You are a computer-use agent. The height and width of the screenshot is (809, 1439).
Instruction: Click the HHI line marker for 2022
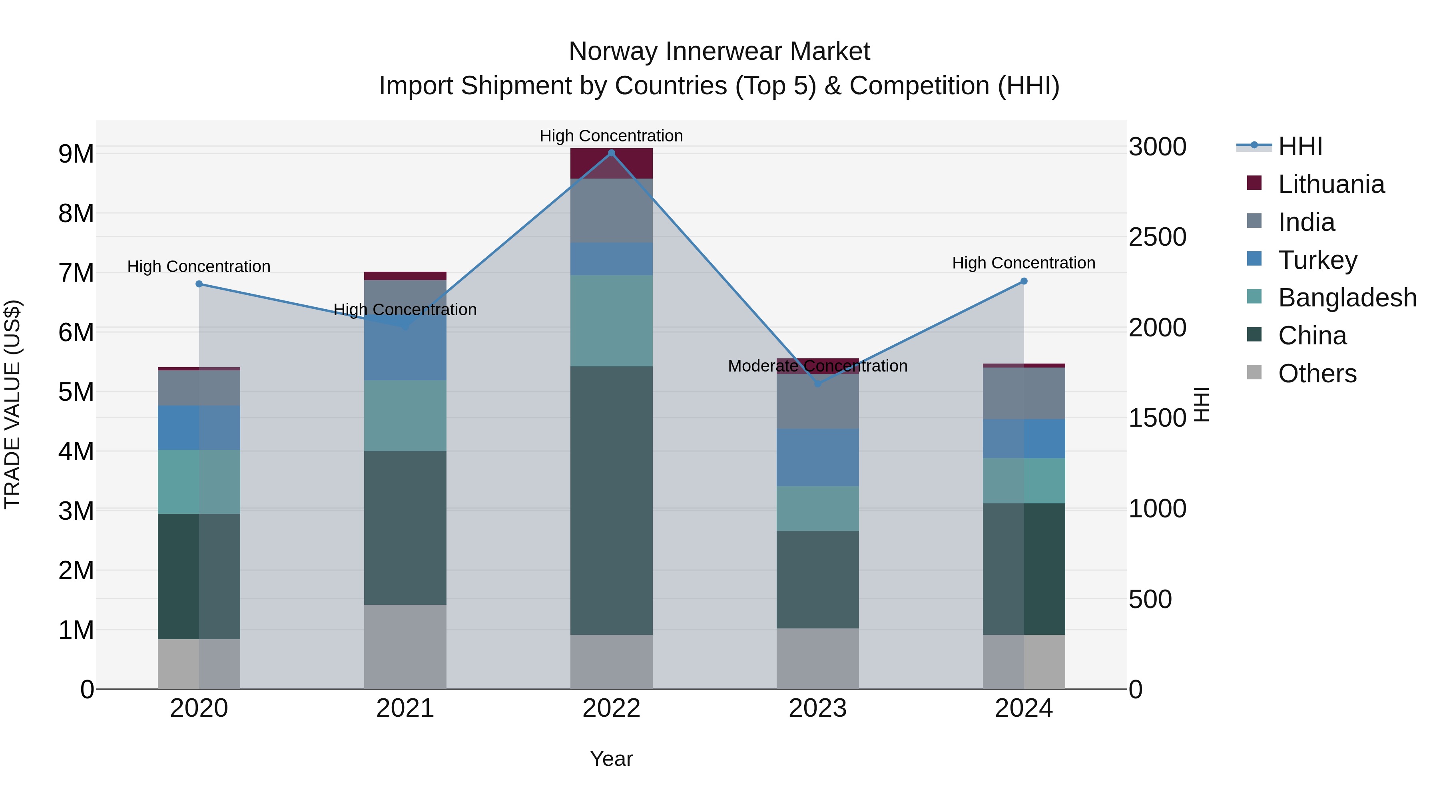point(611,153)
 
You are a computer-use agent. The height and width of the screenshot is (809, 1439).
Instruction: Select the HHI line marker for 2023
point(818,384)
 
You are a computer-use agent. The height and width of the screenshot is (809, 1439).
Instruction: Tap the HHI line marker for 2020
point(199,284)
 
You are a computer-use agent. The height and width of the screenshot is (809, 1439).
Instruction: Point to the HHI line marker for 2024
point(1024,281)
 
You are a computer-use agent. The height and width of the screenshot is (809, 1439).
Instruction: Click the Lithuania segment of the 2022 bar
point(611,163)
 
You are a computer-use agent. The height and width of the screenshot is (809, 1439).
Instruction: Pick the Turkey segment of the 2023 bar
point(818,457)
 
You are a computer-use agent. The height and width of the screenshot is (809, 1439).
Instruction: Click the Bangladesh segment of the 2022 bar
point(611,320)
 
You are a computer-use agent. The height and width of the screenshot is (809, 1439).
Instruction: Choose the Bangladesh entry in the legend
point(1347,298)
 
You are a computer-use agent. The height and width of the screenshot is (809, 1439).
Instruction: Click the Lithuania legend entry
point(1331,184)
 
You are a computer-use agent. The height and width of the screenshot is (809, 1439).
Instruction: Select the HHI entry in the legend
point(1300,146)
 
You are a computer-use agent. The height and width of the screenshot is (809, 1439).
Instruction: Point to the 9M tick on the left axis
point(76,153)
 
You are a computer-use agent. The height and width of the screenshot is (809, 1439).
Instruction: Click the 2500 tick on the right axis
point(1158,237)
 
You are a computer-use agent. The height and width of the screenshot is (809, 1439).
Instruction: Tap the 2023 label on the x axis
point(818,708)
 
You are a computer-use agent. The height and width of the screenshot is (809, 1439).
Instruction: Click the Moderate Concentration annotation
point(818,366)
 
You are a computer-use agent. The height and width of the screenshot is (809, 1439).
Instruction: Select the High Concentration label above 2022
point(611,136)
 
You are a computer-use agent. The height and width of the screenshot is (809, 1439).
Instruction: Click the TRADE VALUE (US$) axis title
point(12,404)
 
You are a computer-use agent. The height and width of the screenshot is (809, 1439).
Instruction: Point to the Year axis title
point(611,759)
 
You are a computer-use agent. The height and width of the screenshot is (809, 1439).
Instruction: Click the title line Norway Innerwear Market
point(719,52)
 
